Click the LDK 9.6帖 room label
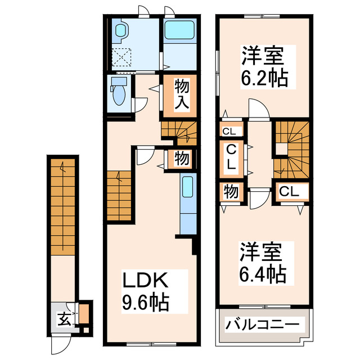coord(146,290)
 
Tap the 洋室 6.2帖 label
coord(264,68)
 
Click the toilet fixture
coord(119,92)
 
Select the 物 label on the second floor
coord(231,191)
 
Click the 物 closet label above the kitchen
coord(181,159)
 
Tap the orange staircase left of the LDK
coord(119,195)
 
